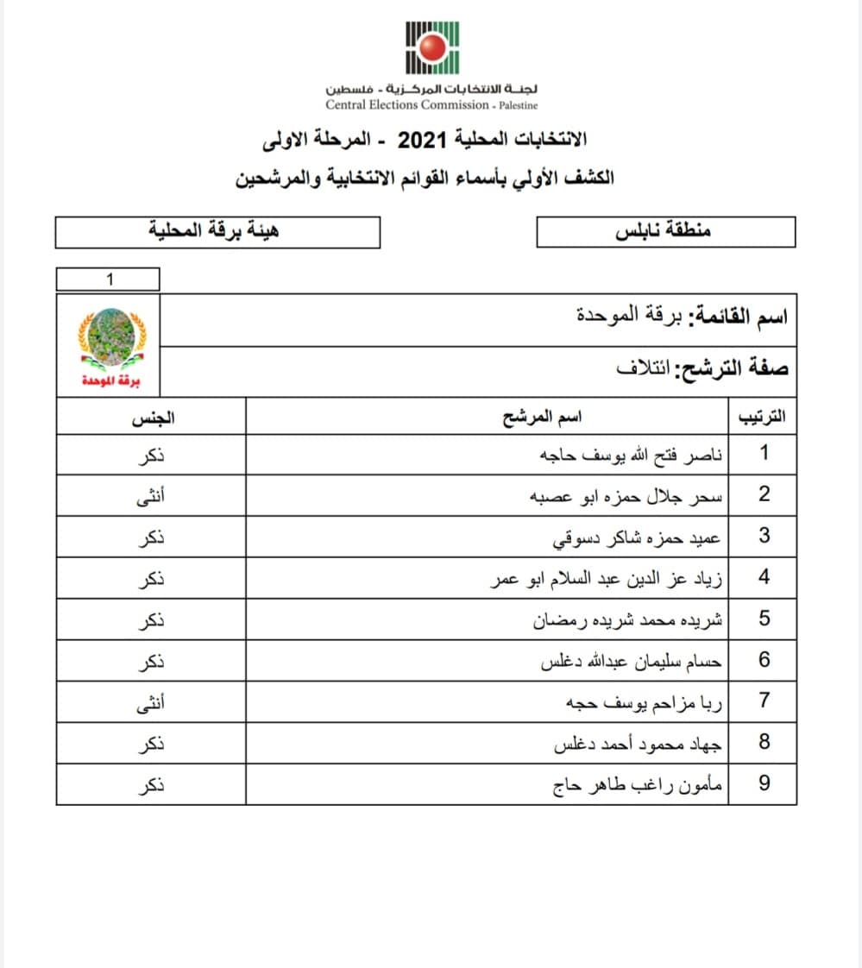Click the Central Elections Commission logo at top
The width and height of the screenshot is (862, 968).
click(432, 47)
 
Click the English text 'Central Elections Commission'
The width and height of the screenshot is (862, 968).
click(407, 105)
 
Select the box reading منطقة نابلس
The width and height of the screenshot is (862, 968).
click(664, 231)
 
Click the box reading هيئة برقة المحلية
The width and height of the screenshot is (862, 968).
click(217, 231)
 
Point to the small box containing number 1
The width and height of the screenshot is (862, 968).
click(108, 279)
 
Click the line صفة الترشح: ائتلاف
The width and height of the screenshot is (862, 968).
click(702, 369)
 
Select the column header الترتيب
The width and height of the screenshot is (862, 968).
click(763, 418)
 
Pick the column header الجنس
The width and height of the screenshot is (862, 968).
click(152, 418)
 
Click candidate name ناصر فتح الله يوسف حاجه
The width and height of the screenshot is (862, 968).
click(632, 454)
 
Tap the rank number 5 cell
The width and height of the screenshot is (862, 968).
click(764, 619)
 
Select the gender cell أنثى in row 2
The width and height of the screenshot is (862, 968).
click(152, 495)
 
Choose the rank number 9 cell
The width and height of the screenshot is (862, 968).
click(764, 784)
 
